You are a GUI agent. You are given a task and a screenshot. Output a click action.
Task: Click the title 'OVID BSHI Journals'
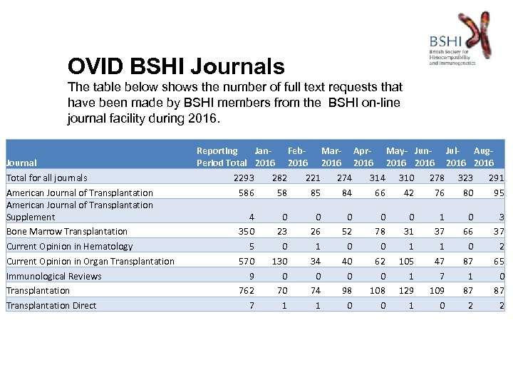(176, 67)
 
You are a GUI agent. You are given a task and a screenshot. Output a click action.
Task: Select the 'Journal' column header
(21, 163)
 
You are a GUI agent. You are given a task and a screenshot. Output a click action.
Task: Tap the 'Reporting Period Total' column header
(221, 157)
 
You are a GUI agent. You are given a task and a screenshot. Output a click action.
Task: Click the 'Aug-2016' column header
(484, 157)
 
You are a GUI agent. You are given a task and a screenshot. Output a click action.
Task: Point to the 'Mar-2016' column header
(331, 157)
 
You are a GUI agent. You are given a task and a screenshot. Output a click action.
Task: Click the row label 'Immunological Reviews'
(54, 277)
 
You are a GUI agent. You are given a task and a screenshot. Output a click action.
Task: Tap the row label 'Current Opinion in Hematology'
(69, 247)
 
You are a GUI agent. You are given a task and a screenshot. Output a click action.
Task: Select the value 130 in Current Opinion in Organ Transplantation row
(280, 262)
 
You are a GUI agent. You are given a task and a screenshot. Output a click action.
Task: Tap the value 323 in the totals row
(465, 178)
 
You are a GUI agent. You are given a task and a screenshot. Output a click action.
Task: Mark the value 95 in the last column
(499, 192)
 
